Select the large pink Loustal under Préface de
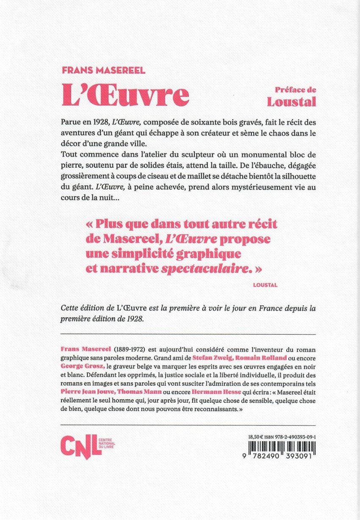(x=291, y=101)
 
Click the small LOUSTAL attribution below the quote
(x=265, y=285)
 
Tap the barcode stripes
(x=282, y=446)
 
